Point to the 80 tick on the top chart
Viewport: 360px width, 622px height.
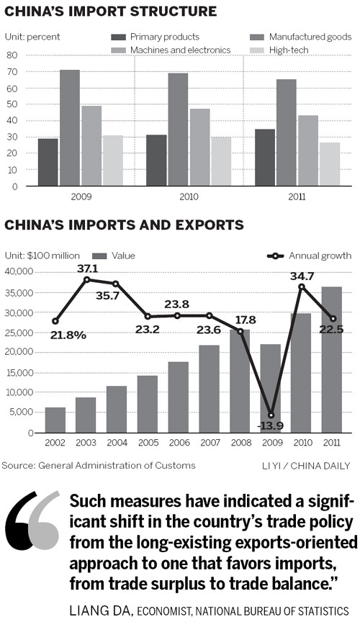point(12,55)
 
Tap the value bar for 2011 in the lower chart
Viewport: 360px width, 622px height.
point(332,359)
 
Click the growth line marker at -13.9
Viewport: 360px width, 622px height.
point(290,415)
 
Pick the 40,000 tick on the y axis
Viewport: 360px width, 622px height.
point(17,271)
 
